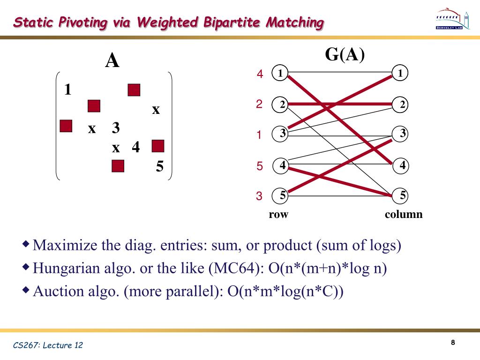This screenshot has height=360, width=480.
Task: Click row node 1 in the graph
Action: pos(280,73)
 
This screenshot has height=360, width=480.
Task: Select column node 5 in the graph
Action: pos(401,195)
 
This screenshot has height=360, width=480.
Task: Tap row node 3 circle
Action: pos(282,134)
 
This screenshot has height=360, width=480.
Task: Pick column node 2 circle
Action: pos(401,105)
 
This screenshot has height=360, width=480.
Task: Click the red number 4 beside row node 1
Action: pos(260,74)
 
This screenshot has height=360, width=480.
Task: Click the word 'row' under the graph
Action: pos(278,215)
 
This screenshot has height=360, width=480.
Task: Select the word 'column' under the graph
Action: pos(404,215)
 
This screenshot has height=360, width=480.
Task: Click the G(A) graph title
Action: pos(345,55)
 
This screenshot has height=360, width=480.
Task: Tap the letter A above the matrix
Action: pos(112,61)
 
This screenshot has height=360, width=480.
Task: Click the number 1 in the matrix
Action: pos(68,89)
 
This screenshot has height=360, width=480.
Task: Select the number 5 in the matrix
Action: pos(160,166)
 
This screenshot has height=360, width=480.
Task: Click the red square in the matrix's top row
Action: pos(134,90)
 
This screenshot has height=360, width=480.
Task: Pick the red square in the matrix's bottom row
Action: pos(118,166)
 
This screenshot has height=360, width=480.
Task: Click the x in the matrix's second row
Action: pos(156,110)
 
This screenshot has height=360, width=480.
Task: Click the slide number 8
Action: pos(453,343)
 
